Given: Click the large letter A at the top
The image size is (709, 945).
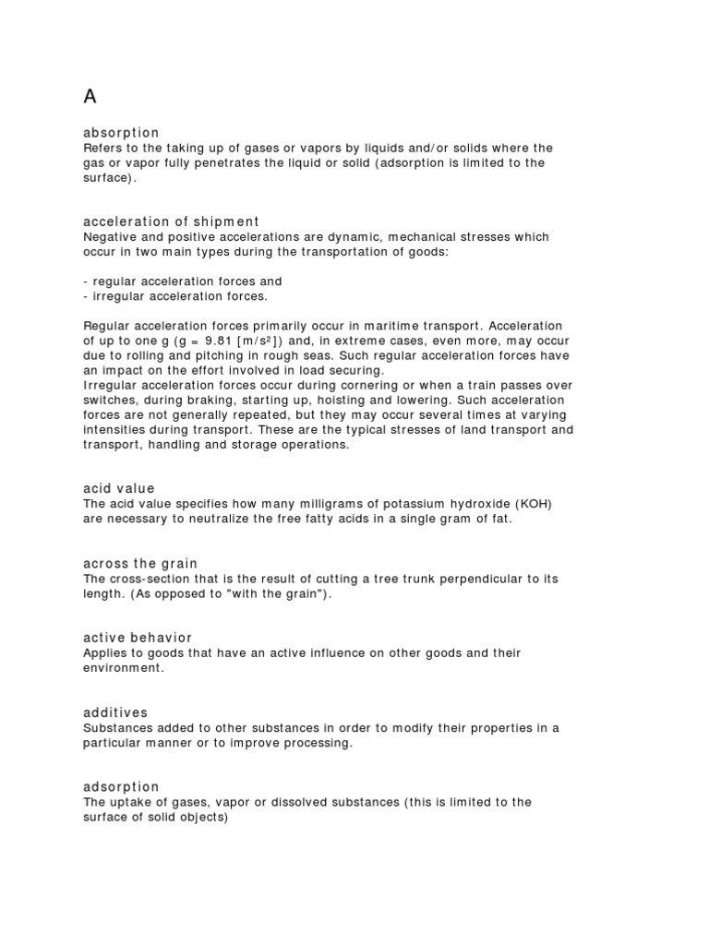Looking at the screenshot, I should point(90,96).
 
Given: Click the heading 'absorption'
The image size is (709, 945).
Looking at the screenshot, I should point(121,133).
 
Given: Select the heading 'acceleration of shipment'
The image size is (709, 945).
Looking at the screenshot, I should point(171,221).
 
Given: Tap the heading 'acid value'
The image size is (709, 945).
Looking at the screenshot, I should point(119,488).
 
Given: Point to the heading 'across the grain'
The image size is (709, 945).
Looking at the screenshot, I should point(140,563).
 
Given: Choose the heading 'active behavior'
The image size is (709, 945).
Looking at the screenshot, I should point(138,638).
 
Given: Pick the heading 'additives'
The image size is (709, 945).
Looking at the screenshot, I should point(115,712).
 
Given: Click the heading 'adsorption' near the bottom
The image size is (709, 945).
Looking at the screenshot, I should point(121,786).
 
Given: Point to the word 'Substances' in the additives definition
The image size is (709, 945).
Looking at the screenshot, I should point(116,728).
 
